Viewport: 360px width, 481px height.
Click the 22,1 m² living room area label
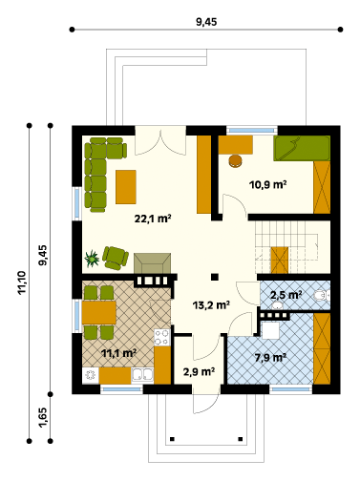pos(153,219)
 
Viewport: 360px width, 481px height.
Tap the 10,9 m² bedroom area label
pos(267,184)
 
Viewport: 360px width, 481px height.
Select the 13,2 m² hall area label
pos(211,305)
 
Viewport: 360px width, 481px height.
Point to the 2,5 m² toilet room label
pos(286,295)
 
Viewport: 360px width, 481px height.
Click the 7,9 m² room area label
pos(270,358)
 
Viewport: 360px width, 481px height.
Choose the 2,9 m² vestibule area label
pos(199,371)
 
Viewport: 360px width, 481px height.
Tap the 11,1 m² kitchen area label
pos(118,353)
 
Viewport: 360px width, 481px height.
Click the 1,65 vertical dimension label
pos(43,418)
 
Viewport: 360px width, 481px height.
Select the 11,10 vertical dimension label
pos(22,282)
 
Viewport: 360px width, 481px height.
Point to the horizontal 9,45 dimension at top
pos(206,22)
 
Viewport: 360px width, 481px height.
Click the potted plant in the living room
pos(92,259)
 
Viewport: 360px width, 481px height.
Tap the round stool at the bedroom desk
pos(235,161)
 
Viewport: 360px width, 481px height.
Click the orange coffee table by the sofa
pos(126,187)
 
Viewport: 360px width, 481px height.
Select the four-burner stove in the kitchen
pos(162,337)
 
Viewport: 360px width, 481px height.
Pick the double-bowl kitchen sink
pos(142,375)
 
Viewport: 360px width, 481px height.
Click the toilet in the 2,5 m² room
pos(322,296)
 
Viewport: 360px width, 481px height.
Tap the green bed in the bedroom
pos(302,148)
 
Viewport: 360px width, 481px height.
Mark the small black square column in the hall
pos(215,277)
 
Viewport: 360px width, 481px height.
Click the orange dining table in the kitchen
pos(99,313)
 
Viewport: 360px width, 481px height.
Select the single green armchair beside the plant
pos(116,258)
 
